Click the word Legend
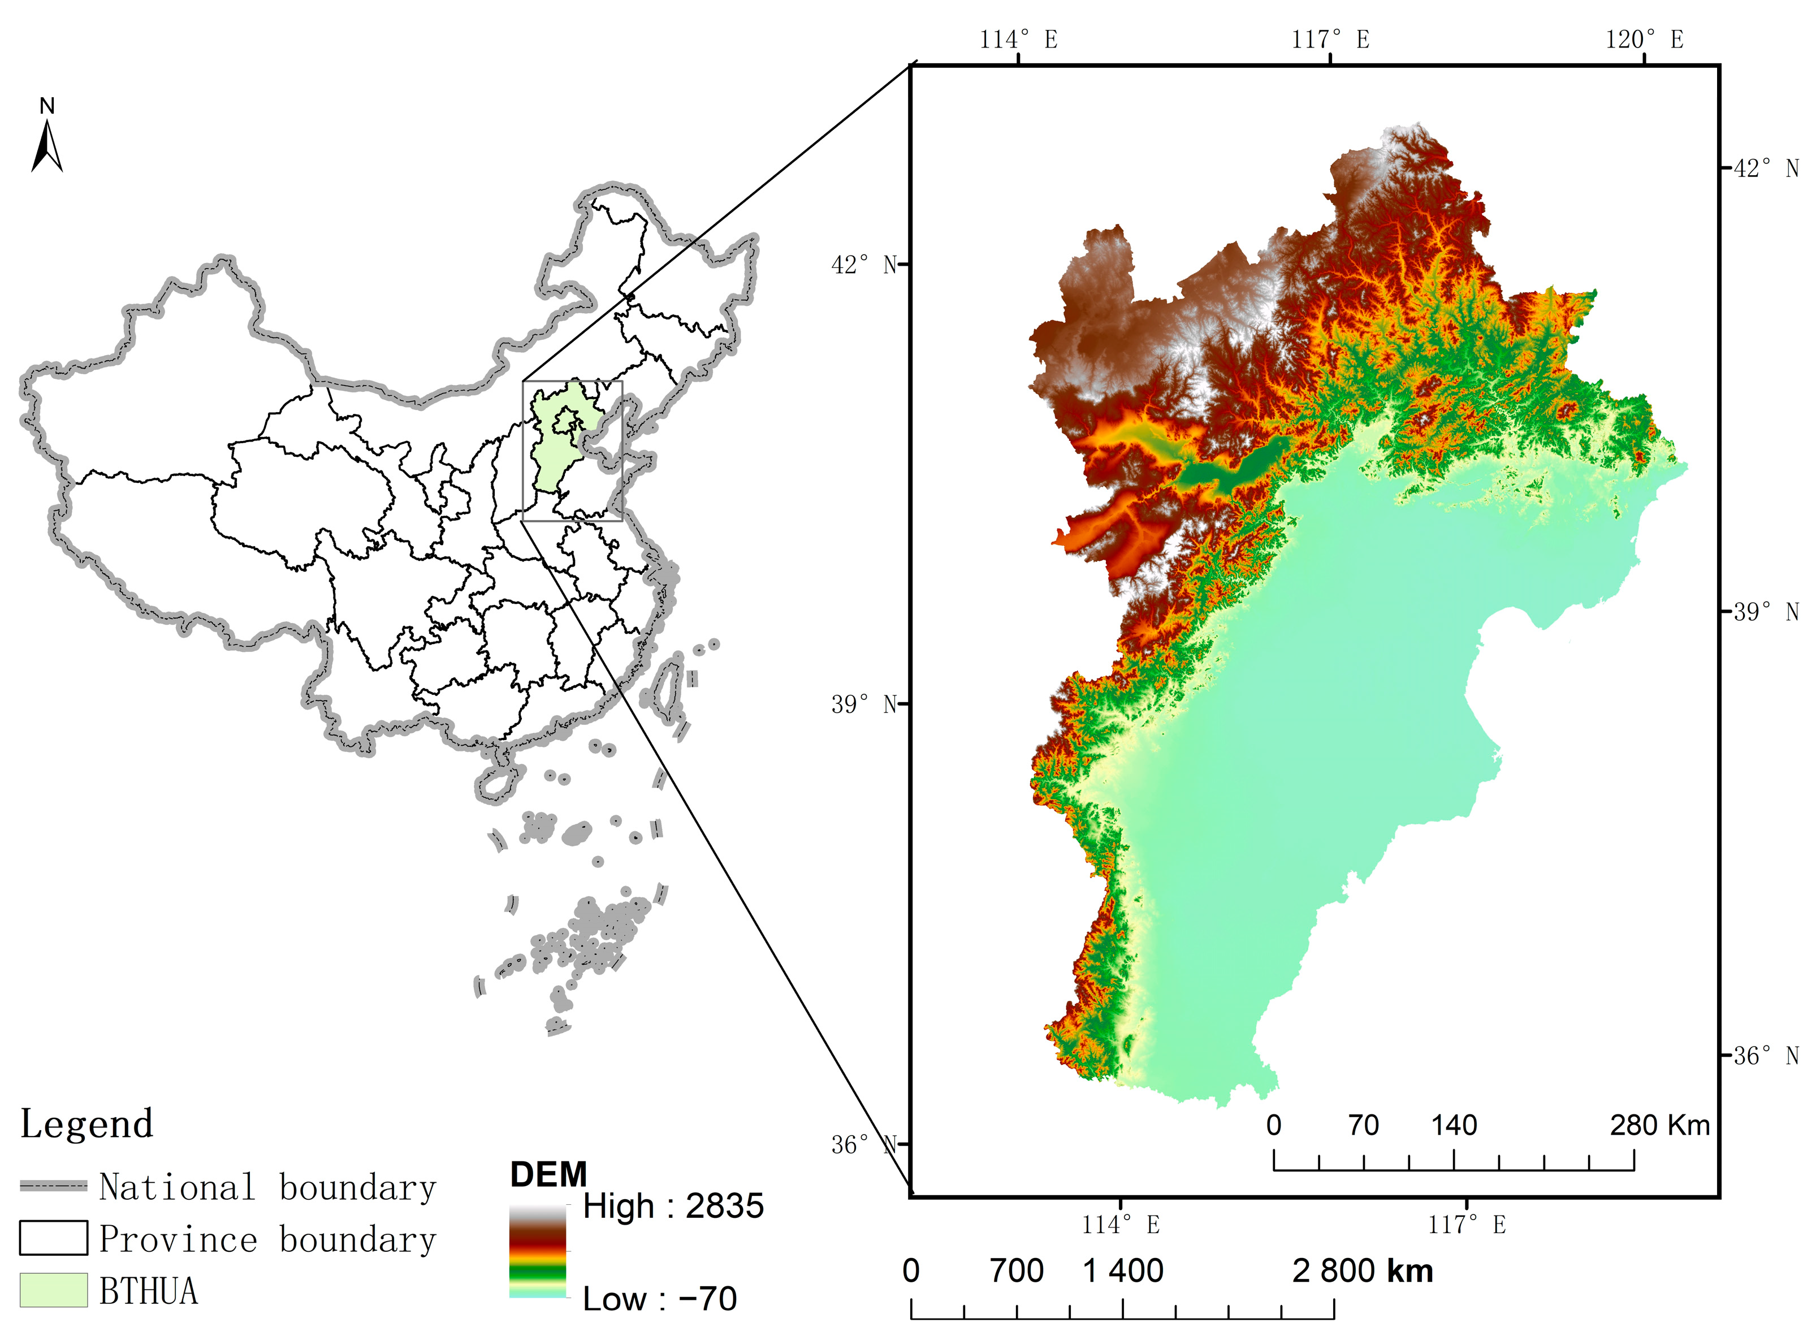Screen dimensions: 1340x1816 coord(87,1124)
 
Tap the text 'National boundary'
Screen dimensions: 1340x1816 coord(267,1187)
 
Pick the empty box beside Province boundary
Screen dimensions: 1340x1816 coord(54,1238)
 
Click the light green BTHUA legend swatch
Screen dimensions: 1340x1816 coord(54,1290)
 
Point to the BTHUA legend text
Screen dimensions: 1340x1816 coord(149,1290)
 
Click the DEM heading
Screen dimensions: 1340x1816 coord(548,1174)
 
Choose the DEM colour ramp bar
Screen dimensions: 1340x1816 coord(538,1251)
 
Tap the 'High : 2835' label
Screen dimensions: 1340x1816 coord(673,1206)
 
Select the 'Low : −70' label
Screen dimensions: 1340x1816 coord(659,1299)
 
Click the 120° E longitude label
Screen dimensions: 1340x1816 coord(1644,39)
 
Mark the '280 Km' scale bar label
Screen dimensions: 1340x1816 coord(1659,1125)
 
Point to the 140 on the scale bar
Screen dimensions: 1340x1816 coord(1454,1125)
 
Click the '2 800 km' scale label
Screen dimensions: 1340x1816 coord(1363,1271)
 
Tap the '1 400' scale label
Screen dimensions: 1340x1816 coord(1123,1271)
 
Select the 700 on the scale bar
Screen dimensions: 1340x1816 coord(1017,1271)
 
